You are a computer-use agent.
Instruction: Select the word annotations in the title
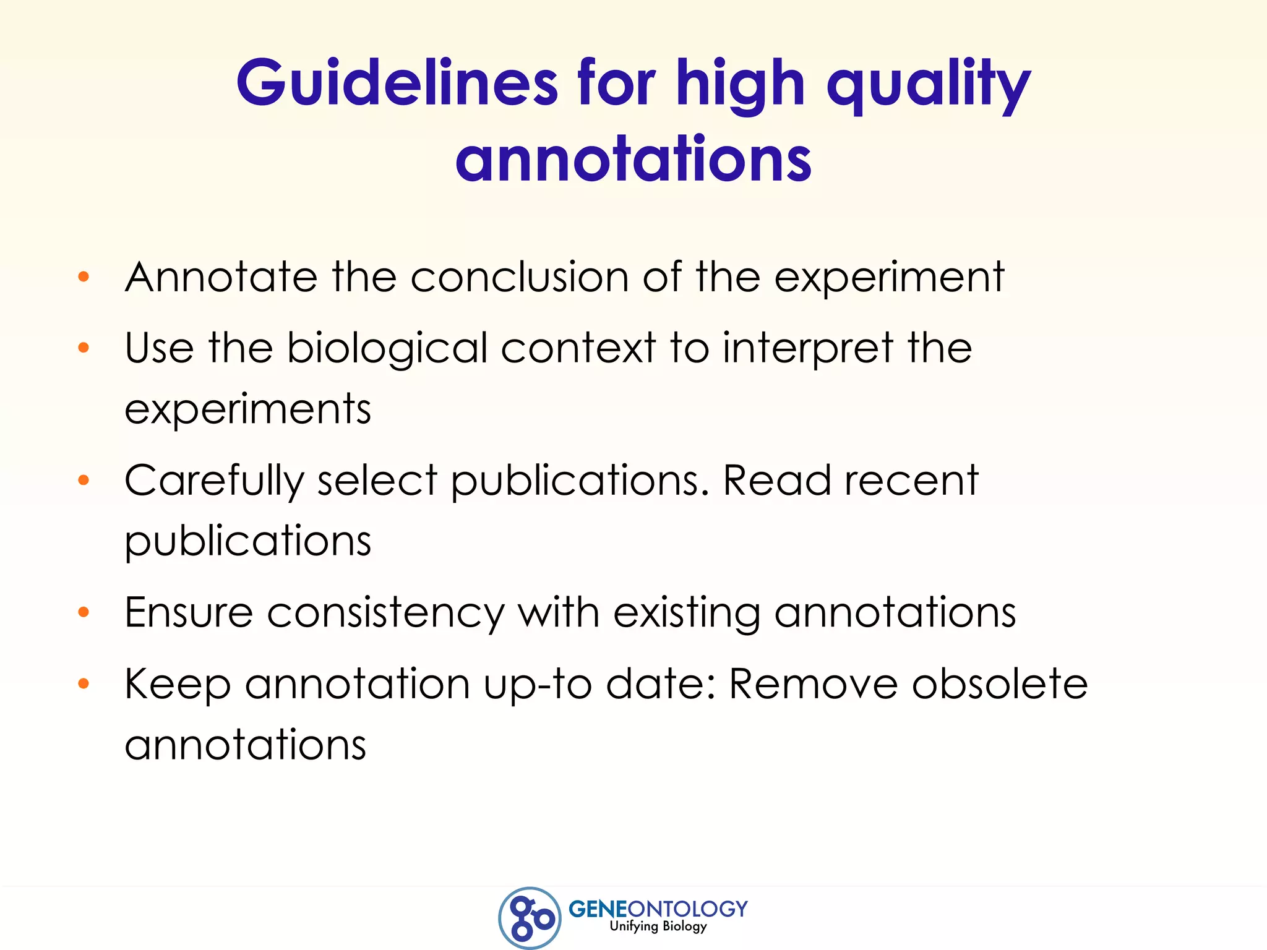[x=633, y=160]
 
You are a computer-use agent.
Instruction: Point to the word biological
[x=387, y=348]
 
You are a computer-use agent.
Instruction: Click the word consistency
[x=385, y=614]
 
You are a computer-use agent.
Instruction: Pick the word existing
[x=686, y=614]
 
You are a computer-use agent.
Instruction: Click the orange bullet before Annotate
[x=84, y=276]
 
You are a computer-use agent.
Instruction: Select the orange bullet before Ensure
[x=84, y=612]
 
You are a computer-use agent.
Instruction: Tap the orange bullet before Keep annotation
[x=84, y=683]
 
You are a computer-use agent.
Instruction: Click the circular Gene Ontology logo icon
[x=530, y=918]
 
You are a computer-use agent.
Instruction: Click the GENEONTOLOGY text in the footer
[x=658, y=909]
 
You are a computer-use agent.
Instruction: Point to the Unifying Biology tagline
[x=658, y=926]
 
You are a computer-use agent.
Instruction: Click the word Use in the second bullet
[x=159, y=348]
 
